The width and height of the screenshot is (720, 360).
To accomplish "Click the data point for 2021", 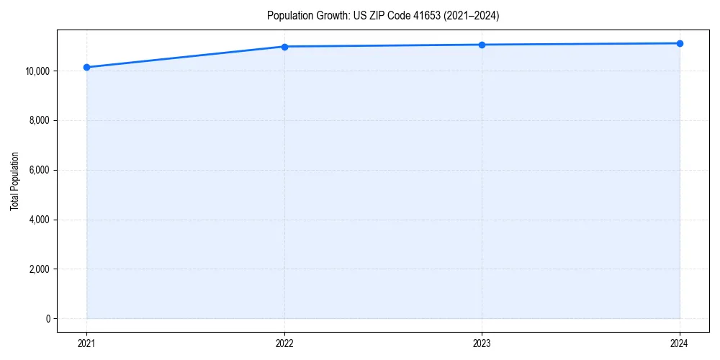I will (x=86, y=67).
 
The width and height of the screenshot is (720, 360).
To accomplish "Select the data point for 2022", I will (x=284, y=47).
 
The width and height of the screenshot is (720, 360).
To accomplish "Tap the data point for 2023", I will (x=482, y=45).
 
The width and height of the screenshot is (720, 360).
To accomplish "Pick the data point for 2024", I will (x=680, y=43).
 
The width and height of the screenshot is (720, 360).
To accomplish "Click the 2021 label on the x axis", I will (x=86, y=343).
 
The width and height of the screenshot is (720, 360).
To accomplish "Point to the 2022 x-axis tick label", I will (x=284, y=343).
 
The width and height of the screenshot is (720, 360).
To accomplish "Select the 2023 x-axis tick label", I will (x=482, y=343).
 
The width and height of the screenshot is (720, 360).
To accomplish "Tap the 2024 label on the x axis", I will (x=680, y=343).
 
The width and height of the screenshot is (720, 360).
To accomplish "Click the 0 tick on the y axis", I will (x=48, y=319).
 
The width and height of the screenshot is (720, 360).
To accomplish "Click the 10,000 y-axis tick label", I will (x=36, y=71).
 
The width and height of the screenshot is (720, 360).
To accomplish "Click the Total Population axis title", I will (x=14, y=181).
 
